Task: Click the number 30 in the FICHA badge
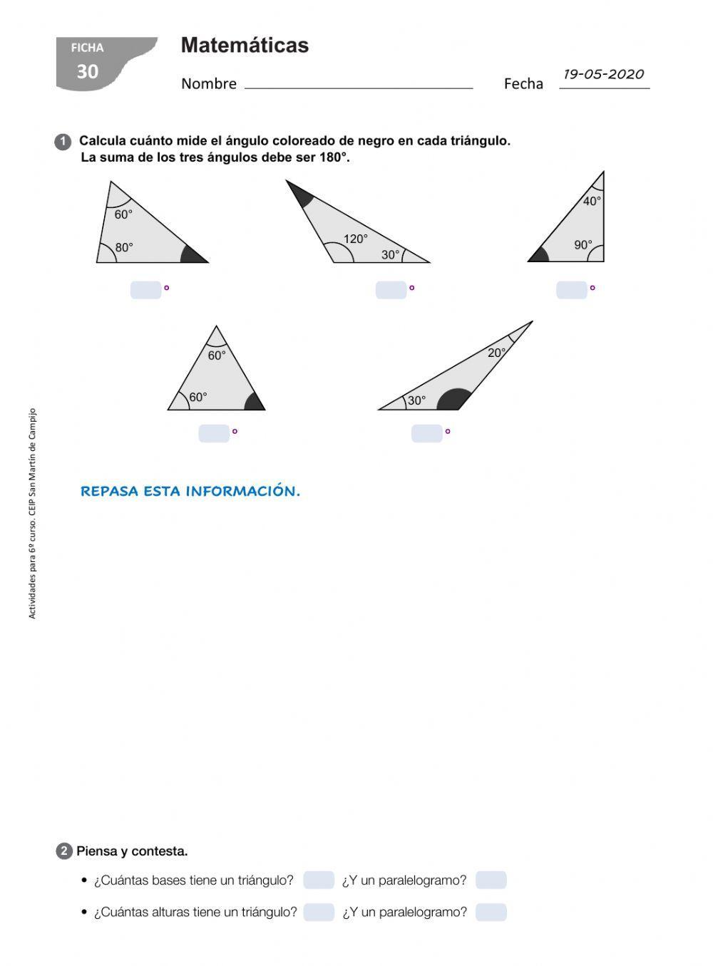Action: [87, 71]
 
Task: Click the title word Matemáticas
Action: [245, 46]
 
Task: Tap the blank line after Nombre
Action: [358, 84]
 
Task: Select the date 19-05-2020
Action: [603, 74]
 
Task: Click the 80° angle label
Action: [124, 247]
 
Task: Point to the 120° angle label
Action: [356, 239]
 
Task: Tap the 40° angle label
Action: [592, 201]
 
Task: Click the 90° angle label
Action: [583, 245]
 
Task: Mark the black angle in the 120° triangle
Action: [299, 194]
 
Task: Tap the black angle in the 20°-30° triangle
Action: [453, 400]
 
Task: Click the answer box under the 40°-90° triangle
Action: [571, 290]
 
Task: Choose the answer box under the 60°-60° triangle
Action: [213, 433]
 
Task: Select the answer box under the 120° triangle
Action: [391, 290]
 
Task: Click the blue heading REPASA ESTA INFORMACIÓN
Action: [190, 492]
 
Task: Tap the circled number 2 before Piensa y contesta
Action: [63, 851]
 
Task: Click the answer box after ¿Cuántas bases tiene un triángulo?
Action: [318, 881]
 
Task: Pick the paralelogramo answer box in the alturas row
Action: [491, 912]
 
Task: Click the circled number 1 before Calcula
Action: [63, 142]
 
